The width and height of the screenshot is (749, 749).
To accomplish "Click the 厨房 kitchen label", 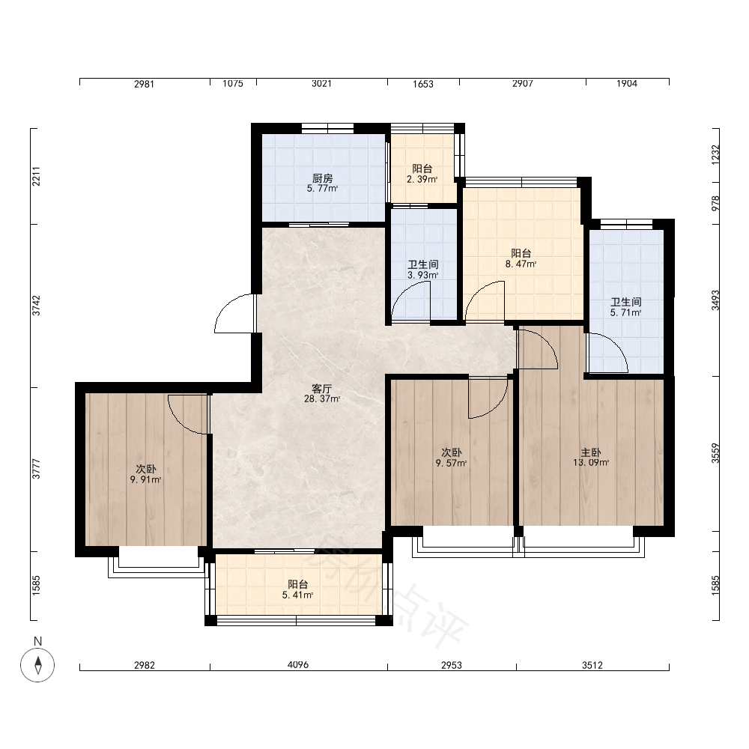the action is [x=322, y=178].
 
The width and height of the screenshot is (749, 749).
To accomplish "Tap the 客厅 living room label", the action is [x=321, y=389].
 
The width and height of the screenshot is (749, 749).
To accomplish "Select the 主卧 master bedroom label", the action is [x=591, y=452].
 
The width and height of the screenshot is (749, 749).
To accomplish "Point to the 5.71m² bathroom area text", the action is [x=625, y=313].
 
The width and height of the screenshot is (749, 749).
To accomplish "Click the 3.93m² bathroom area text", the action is [x=422, y=275].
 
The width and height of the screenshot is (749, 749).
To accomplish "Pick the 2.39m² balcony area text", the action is [x=422, y=180].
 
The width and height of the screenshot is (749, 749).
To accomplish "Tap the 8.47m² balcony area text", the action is [x=521, y=264].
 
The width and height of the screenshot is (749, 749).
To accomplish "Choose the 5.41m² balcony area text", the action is [x=297, y=595].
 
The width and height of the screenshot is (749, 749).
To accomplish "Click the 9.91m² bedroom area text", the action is [x=146, y=479].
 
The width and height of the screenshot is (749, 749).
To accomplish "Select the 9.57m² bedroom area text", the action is [x=451, y=463].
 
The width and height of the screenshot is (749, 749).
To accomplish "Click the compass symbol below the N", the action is [x=37, y=664].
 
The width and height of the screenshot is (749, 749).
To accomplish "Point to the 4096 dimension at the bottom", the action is [x=298, y=664].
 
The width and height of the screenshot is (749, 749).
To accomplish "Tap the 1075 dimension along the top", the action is [x=233, y=84].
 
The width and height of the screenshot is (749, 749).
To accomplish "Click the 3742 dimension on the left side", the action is [x=36, y=306].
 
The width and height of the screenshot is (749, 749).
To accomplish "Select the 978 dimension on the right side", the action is [x=715, y=203].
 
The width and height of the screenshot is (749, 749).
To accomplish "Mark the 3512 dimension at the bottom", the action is [x=592, y=665].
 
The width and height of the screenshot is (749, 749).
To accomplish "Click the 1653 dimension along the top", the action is [x=422, y=84].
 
